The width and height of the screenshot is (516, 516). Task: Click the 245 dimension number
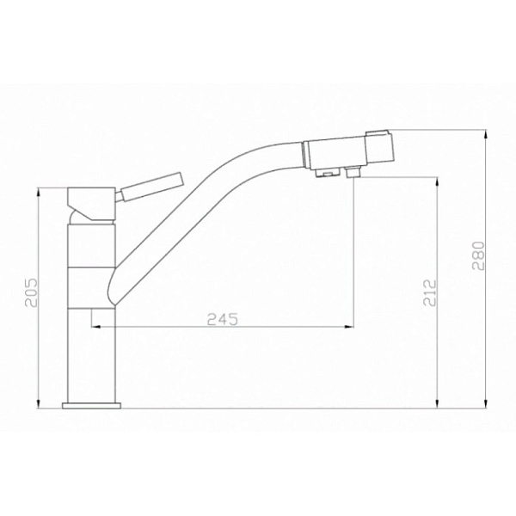coord(222,319)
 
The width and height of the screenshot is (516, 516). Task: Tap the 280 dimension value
coord(479,256)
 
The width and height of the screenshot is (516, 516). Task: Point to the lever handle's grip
coord(155,186)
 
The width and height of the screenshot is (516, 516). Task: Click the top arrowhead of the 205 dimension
coord(39,193)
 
